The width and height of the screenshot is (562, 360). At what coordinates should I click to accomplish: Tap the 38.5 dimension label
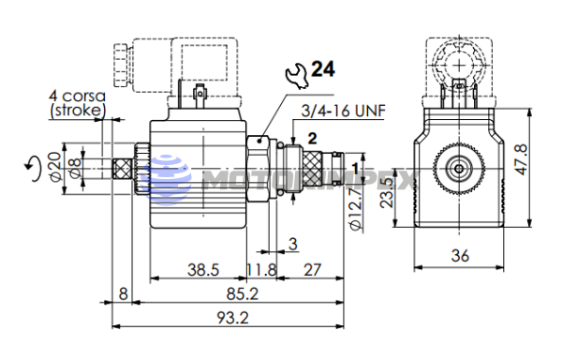tap(202, 270)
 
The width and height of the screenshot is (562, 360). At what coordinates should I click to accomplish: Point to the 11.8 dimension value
tap(262, 270)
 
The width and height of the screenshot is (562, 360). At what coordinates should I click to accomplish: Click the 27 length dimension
tap(313, 270)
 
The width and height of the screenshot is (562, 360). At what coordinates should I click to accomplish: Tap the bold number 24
tap(323, 69)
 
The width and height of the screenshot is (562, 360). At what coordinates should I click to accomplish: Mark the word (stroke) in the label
tap(78, 112)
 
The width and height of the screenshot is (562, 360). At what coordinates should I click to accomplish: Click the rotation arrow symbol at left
tap(36, 168)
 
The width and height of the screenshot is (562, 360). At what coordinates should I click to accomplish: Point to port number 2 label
tap(312, 138)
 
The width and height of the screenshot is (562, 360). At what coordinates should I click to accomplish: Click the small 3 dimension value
tap(292, 245)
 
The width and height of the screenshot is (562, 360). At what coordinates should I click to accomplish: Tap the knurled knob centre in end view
tap(459, 170)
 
